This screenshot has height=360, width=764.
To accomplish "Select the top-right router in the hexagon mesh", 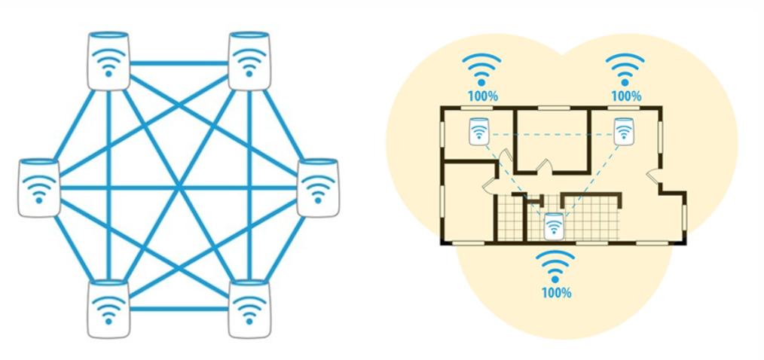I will (x=249, y=60).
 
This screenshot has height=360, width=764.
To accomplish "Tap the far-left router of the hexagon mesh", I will (x=38, y=188).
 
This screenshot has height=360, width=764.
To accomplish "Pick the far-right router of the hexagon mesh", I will (x=318, y=188).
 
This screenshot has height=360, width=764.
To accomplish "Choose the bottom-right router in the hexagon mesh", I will (x=249, y=309).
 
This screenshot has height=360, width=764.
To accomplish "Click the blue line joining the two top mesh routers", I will (x=179, y=63).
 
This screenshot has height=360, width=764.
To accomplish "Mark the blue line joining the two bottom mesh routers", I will (x=179, y=308).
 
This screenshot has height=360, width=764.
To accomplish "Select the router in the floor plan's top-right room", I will (x=622, y=131).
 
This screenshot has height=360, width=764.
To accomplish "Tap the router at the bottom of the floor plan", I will (x=554, y=227).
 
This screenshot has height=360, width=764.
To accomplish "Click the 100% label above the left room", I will (x=482, y=96).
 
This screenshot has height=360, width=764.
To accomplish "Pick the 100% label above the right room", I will (x=626, y=96).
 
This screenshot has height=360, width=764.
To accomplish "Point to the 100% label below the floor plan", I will (x=556, y=292).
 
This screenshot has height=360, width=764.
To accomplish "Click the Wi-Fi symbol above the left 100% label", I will (x=482, y=69).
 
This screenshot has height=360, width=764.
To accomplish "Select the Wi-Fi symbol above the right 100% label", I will (x=625, y=69).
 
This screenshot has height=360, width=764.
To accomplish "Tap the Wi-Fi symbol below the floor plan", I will (x=556, y=266).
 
